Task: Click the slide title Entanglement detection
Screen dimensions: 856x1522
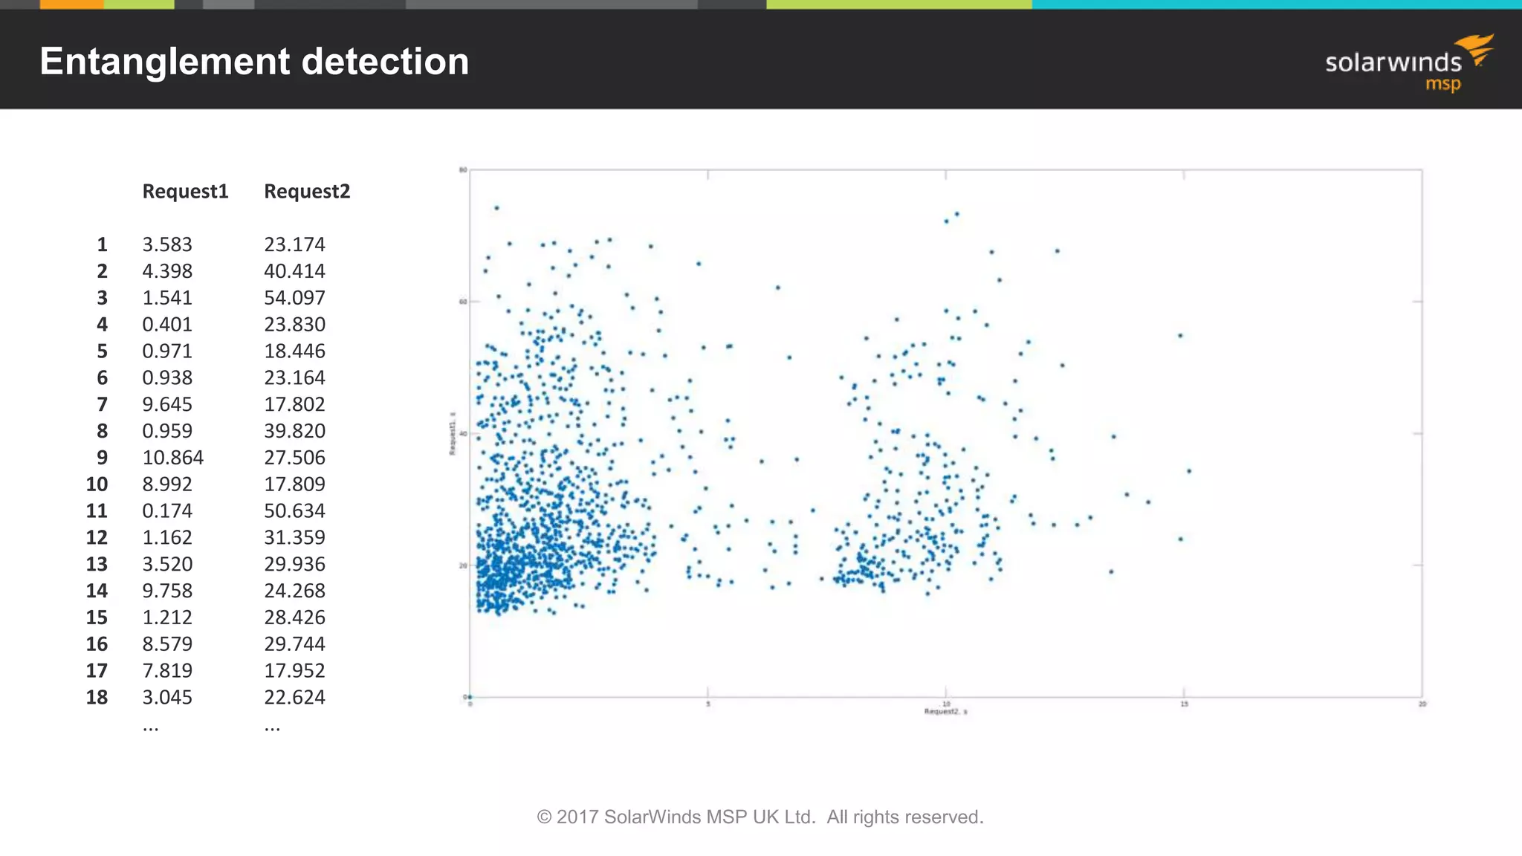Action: pos(254,62)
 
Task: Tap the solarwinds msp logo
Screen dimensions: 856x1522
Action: pos(1408,63)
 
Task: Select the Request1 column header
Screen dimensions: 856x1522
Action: pos(185,192)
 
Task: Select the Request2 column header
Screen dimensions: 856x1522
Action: pos(307,192)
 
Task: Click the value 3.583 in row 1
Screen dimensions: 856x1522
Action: pos(167,244)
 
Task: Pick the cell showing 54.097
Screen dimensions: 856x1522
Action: pos(294,298)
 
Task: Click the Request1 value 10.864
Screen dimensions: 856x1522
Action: pos(172,458)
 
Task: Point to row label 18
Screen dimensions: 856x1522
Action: pos(97,697)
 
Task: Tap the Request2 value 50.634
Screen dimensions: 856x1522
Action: pos(294,511)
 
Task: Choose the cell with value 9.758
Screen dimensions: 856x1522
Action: pos(167,591)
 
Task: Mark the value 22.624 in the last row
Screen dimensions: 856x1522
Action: pos(294,697)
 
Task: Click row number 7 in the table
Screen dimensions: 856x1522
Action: pos(102,404)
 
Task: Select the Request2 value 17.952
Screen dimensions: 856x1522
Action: pos(294,671)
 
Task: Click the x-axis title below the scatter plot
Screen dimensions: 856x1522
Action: pos(945,712)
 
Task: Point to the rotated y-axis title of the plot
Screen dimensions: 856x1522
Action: pos(451,433)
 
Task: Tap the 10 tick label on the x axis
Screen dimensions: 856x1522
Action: pos(946,704)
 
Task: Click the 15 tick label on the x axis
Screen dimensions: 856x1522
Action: pos(1184,704)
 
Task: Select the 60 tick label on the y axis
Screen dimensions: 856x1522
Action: pos(463,302)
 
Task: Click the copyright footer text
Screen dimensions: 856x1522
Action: pos(760,817)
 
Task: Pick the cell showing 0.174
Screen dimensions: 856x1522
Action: pos(167,511)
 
